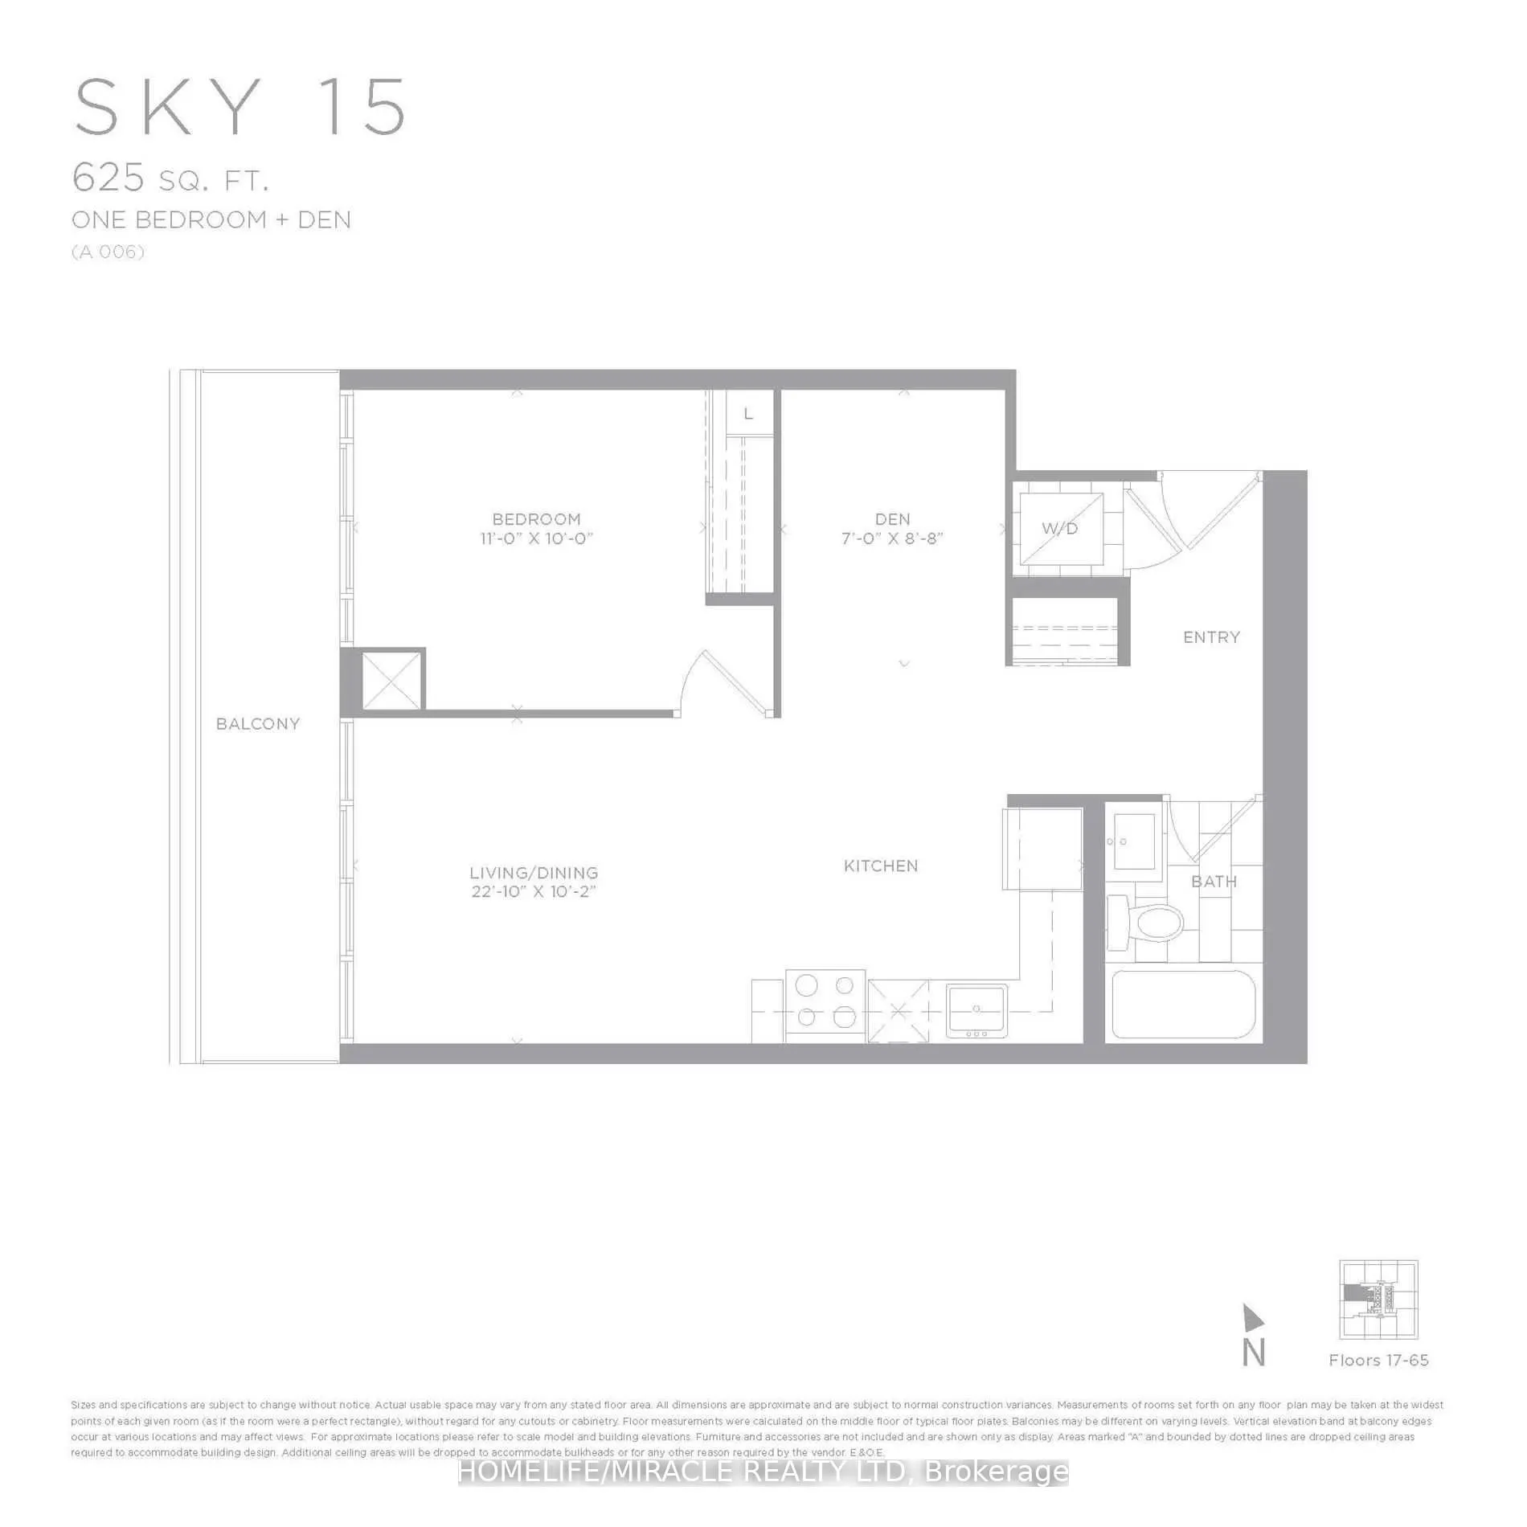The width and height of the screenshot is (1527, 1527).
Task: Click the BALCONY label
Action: click(x=257, y=723)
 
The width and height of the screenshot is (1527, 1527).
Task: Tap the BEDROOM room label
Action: click(x=536, y=519)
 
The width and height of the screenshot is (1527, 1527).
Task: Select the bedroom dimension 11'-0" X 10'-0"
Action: click(x=536, y=538)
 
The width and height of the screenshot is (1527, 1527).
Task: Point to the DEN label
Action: click(x=892, y=519)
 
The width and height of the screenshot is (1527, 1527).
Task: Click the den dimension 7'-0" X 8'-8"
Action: click(x=892, y=538)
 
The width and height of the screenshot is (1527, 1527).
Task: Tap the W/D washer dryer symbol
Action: click(x=1059, y=528)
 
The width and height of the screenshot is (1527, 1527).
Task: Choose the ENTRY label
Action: click(x=1211, y=637)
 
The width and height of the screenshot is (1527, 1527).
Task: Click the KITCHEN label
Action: click(x=881, y=866)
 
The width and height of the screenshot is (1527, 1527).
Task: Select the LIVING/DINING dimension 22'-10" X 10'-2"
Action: click(x=534, y=891)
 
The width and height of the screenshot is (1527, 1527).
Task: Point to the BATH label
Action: click(x=1214, y=882)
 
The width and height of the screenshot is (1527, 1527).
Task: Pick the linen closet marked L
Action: click(x=748, y=414)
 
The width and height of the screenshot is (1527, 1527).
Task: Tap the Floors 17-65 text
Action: click(x=1378, y=1360)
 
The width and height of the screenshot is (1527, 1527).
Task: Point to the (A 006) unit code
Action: click(x=108, y=252)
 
